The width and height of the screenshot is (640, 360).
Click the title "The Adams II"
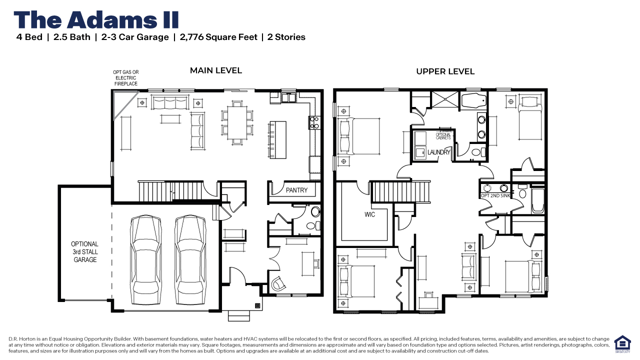[96, 19]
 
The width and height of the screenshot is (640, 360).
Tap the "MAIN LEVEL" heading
[215, 70]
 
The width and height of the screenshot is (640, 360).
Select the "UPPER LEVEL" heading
[445, 71]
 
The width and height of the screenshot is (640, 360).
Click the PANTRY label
[296, 190]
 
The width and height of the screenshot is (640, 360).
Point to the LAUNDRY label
[439, 152]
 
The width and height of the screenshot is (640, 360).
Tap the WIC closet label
[369, 214]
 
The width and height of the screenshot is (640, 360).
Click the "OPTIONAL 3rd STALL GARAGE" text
[85, 252]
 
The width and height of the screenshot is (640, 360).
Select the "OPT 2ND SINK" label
[495, 195]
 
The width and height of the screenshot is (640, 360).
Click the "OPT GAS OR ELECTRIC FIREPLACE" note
[125, 78]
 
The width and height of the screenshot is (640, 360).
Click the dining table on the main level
[237, 120]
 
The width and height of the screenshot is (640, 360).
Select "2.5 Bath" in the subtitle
[71, 37]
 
